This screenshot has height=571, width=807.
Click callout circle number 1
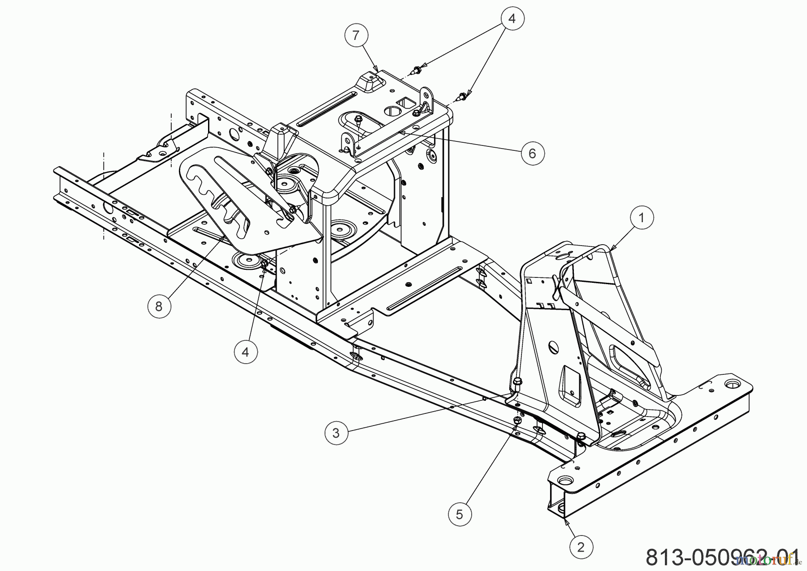(641, 218)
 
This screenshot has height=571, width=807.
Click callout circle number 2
(581, 547)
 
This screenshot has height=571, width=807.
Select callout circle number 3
(336, 433)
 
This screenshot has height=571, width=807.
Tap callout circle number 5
(459, 514)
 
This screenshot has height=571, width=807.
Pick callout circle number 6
(532, 154)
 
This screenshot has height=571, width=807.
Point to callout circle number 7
(356, 35)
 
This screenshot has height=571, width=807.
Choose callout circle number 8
(159, 306)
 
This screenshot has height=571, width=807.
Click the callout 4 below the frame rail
(245, 352)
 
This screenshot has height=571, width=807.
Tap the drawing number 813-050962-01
(722, 557)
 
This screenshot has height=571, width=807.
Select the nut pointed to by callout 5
(517, 420)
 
